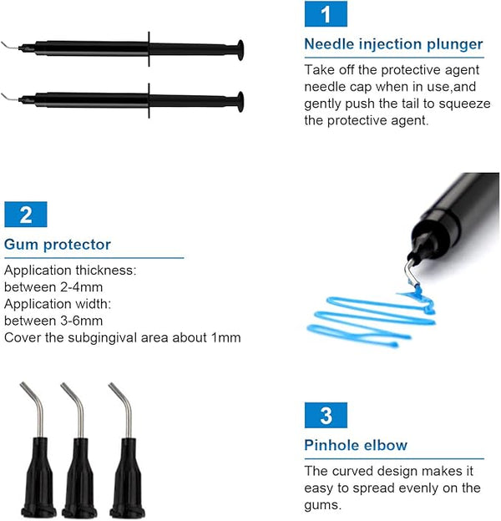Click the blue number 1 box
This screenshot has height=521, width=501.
point(326,14)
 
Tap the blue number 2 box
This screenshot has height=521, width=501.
point(26,215)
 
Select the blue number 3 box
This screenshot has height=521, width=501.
point(326,415)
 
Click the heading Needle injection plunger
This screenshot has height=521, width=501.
point(393,44)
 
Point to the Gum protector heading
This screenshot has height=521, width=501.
point(58,245)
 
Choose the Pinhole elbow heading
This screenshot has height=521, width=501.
point(356,446)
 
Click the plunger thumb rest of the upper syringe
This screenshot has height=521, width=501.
point(240,50)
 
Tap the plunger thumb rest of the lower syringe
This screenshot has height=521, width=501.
point(240,102)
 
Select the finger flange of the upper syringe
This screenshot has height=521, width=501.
point(149,49)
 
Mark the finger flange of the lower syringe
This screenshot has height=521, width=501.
point(149,101)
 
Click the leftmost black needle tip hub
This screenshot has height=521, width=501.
point(38,478)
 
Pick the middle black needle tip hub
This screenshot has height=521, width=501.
point(79,478)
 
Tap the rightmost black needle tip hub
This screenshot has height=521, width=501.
point(128,478)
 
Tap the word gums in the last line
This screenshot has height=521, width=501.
point(322,505)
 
